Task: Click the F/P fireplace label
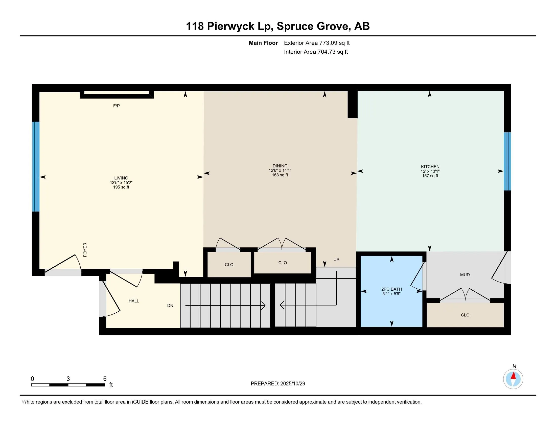pyautogui.click(x=116, y=106)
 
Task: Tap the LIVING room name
pyautogui.click(x=121, y=178)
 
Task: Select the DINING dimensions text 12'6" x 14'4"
pyautogui.click(x=280, y=170)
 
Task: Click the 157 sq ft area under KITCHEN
pyautogui.click(x=430, y=176)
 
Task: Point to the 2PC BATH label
pyautogui.click(x=391, y=289)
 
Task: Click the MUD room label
pyautogui.click(x=465, y=275)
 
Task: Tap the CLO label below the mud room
pyautogui.click(x=465, y=315)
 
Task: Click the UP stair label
pyautogui.click(x=336, y=260)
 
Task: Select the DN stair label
pyautogui.click(x=170, y=306)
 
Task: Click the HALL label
pyautogui.click(x=134, y=301)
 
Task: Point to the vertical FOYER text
pyautogui.click(x=85, y=250)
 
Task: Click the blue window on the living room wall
pyautogui.click(x=36, y=167)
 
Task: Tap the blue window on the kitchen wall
pyautogui.click(x=507, y=161)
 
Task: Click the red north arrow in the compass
pyautogui.click(x=514, y=376)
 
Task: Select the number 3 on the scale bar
pyautogui.click(x=68, y=379)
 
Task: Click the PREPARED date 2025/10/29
pyautogui.click(x=292, y=384)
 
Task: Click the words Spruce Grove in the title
pyautogui.click(x=313, y=26)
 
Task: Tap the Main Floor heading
pyautogui.click(x=263, y=43)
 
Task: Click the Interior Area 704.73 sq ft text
pyautogui.click(x=333, y=52)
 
